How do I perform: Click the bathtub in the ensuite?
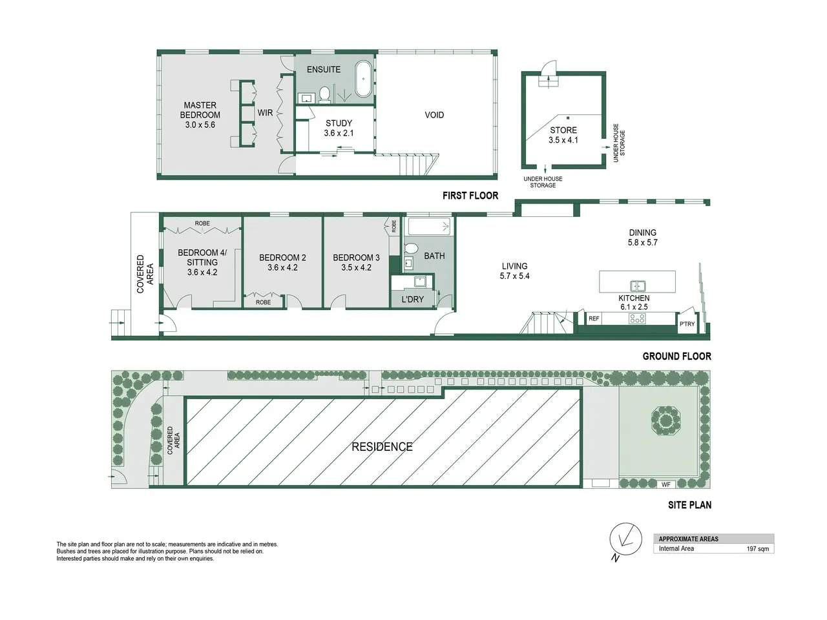[363, 79]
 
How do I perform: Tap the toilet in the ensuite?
[324, 94]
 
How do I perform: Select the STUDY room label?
[339, 123]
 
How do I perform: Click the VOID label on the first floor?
[434, 115]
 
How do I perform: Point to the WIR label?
[265, 112]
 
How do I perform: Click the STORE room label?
[563, 130]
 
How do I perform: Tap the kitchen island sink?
[638, 286]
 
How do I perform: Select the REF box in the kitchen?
[594, 318]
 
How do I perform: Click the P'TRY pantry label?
[687, 324]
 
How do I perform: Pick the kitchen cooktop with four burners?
[637, 318]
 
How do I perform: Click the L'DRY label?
[413, 299]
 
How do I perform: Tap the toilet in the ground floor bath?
[411, 248]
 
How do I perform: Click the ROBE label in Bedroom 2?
[263, 302]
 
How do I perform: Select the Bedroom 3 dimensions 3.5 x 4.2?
[356, 267]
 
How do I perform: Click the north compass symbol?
[625, 539]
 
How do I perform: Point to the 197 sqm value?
[758, 549]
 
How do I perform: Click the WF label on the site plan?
[665, 485]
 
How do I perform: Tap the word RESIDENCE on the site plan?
[382, 447]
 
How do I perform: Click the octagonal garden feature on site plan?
[665, 420]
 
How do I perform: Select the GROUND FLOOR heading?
[676, 356]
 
